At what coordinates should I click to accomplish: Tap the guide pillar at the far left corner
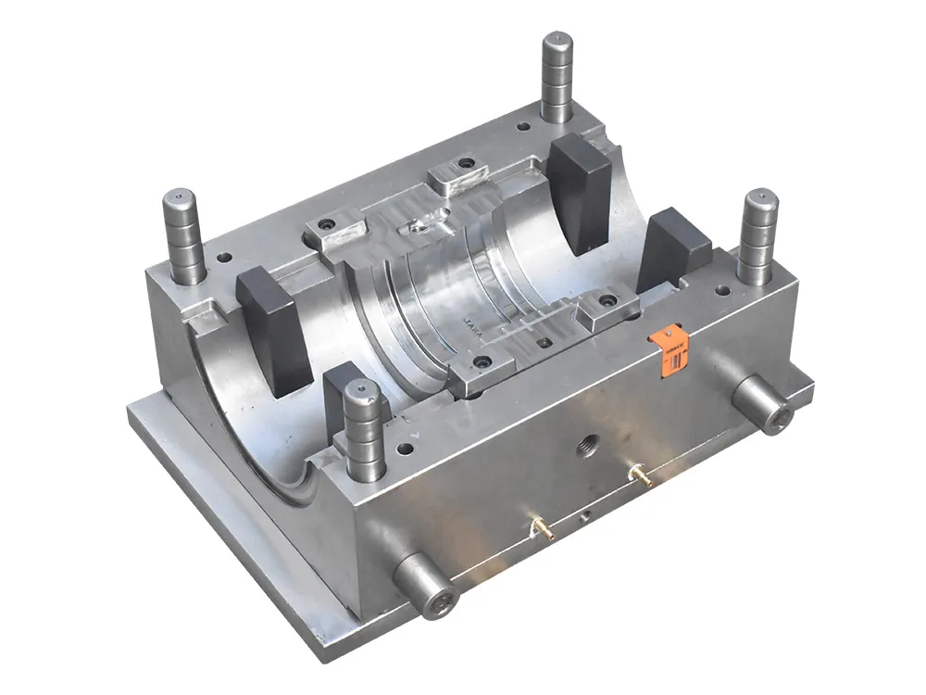point(182,237)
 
